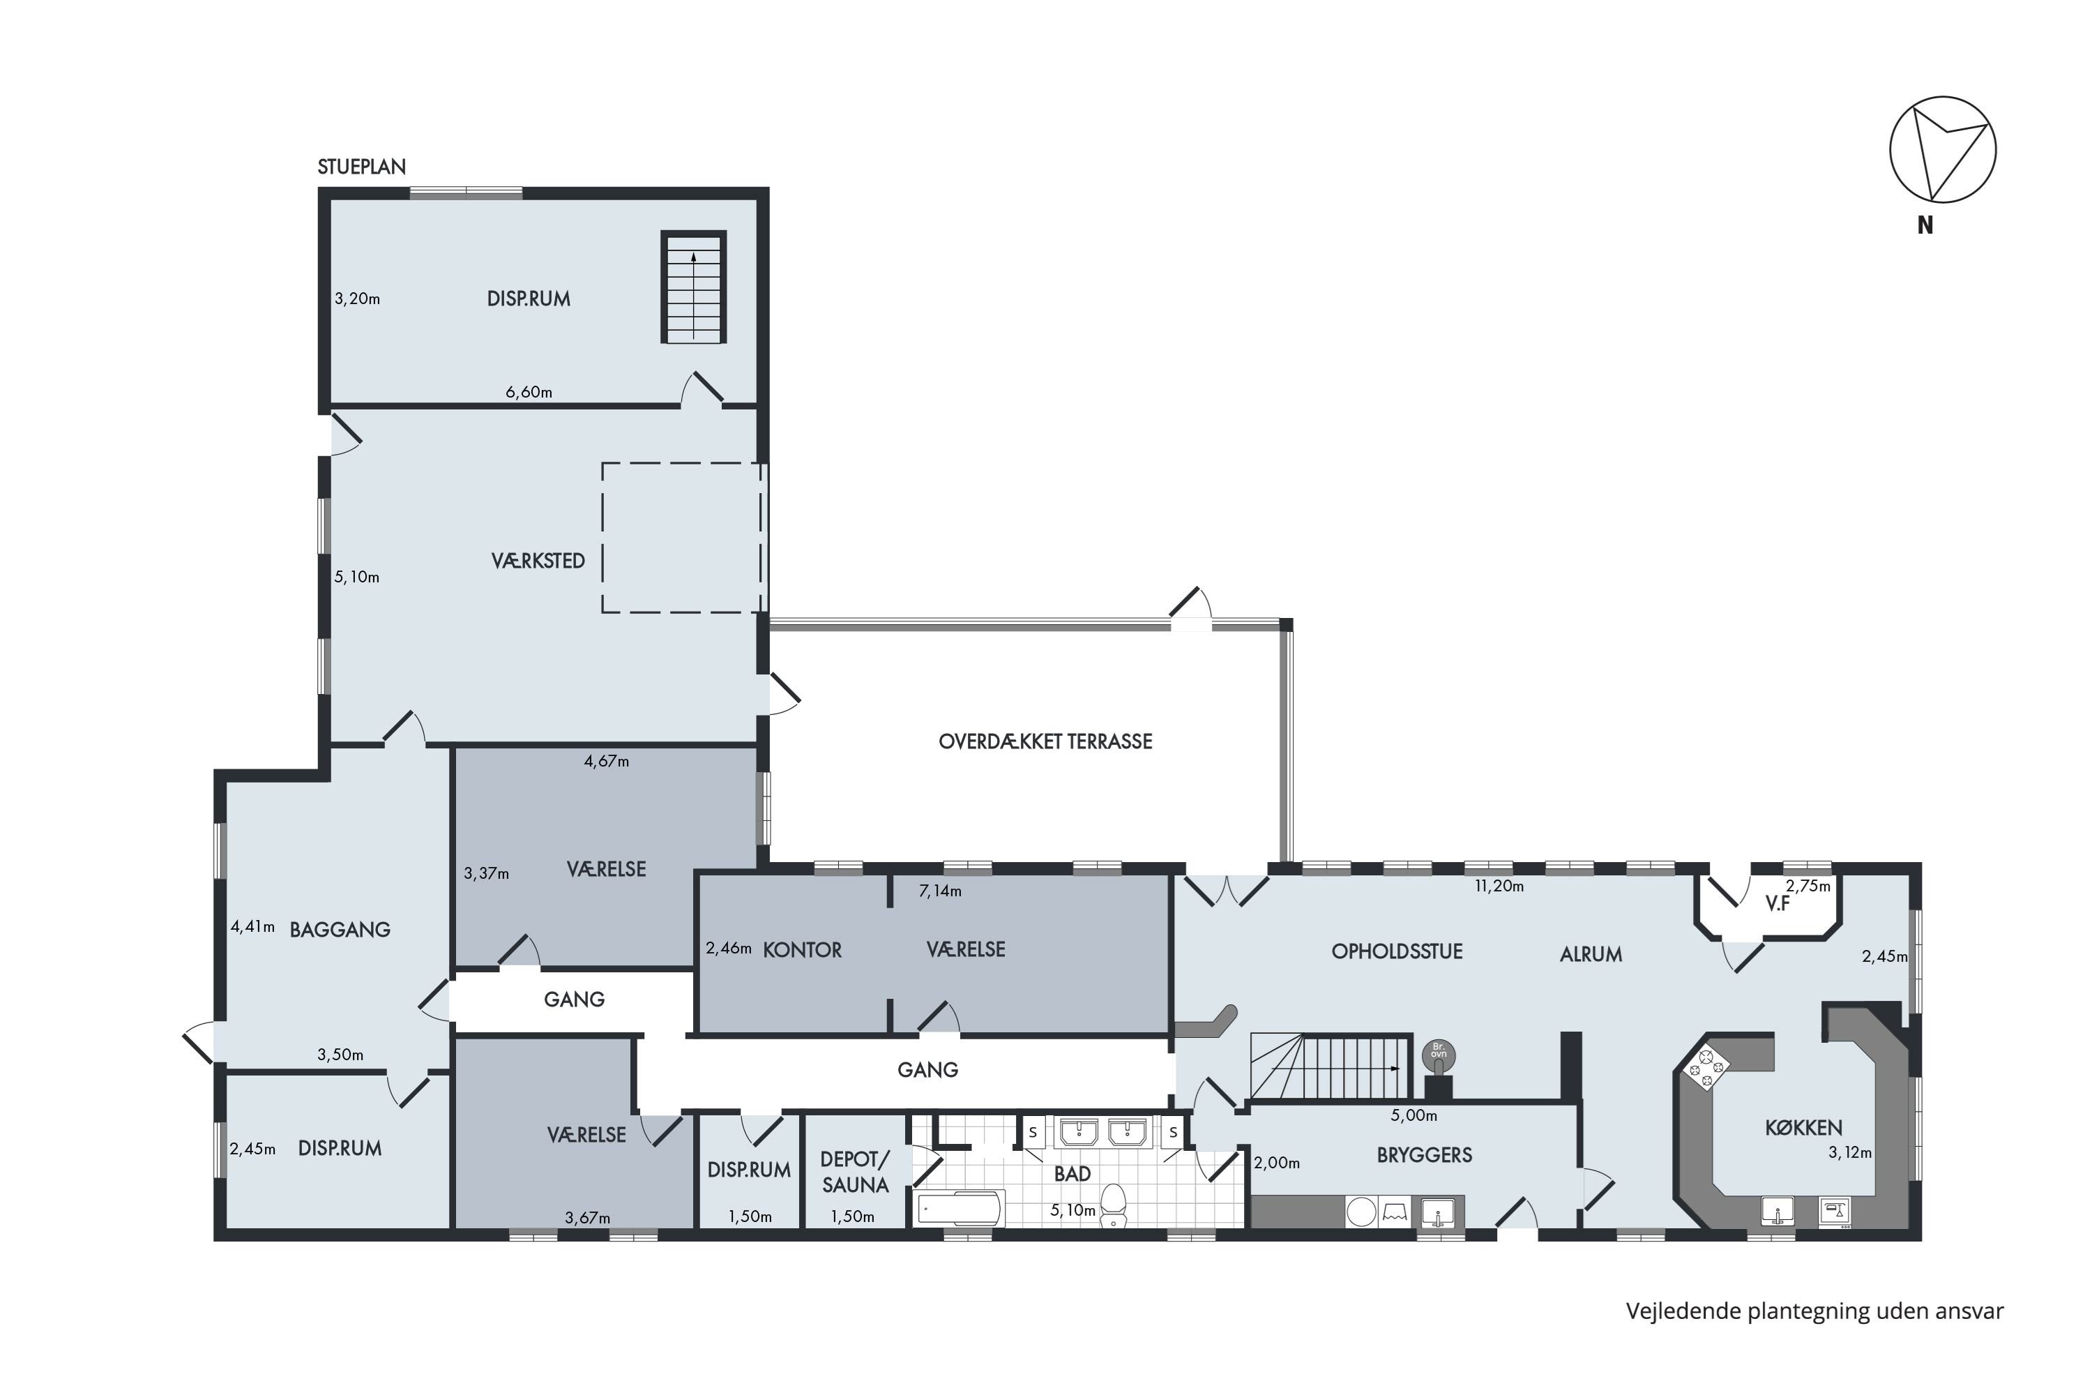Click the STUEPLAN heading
pyautogui.click(x=361, y=167)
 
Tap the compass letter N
pyautogui.click(x=1925, y=226)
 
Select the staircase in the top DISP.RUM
pyautogui.click(x=693, y=287)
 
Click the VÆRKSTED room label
pyautogui.click(x=538, y=561)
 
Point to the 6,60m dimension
pyautogui.click(x=529, y=392)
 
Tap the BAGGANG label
pyautogui.click(x=340, y=930)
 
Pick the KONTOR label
pyautogui.click(x=803, y=950)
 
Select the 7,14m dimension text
pyautogui.click(x=940, y=891)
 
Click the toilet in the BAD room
pyautogui.click(x=1114, y=1205)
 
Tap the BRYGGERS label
pyautogui.click(x=1424, y=1156)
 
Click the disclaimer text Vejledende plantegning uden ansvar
pyautogui.click(x=1815, y=1312)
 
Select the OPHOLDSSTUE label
pyautogui.click(x=1397, y=952)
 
